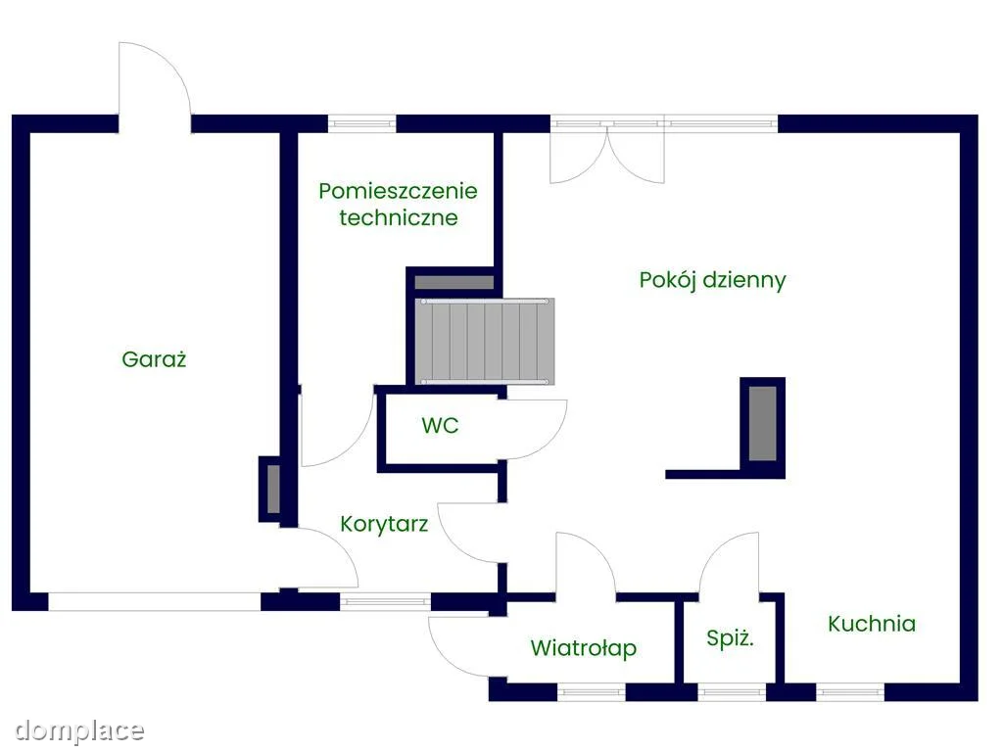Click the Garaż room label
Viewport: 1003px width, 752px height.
point(154,358)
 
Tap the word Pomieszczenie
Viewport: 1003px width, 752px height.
point(398,191)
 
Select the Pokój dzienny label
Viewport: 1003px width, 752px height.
point(713,280)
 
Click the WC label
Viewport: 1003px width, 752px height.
point(440,425)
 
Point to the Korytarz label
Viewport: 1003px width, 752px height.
point(384,524)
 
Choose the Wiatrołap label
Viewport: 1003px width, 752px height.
point(584,648)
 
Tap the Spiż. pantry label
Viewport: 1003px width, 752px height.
point(730,637)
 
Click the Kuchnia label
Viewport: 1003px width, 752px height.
point(871,624)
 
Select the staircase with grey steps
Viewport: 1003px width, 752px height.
point(484,342)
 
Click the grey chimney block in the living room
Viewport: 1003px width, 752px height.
point(762,423)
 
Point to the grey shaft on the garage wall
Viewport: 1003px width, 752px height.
point(273,489)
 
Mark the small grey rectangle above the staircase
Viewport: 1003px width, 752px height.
point(454,282)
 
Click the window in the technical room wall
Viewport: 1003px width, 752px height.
point(362,123)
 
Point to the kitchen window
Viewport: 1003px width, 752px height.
point(850,692)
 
